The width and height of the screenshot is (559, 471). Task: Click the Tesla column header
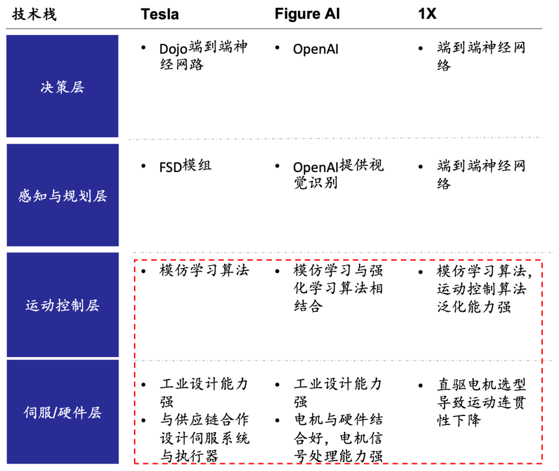coord(159,14)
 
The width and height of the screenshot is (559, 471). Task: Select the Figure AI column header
coord(308,14)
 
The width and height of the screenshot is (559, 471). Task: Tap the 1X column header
coord(427,14)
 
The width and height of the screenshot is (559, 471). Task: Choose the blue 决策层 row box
coord(62,87)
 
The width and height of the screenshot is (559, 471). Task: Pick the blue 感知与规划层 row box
coord(62,195)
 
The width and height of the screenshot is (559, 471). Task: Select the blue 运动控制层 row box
coord(62,305)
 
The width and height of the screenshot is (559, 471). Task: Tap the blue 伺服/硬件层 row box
coord(62,412)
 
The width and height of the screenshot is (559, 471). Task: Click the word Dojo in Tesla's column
coord(172,49)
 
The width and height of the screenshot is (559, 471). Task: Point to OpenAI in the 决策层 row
coord(315,49)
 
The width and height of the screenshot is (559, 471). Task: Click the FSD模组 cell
coord(185,166)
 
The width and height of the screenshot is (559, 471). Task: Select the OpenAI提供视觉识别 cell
coord(337,174)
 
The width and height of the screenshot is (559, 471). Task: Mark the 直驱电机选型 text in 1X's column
coord(481,385)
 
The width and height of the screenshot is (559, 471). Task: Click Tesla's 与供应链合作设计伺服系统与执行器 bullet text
coord(204,437)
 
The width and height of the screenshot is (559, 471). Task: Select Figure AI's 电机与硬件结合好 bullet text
coord(337,429)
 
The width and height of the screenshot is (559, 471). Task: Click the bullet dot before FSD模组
coord(144,166)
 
